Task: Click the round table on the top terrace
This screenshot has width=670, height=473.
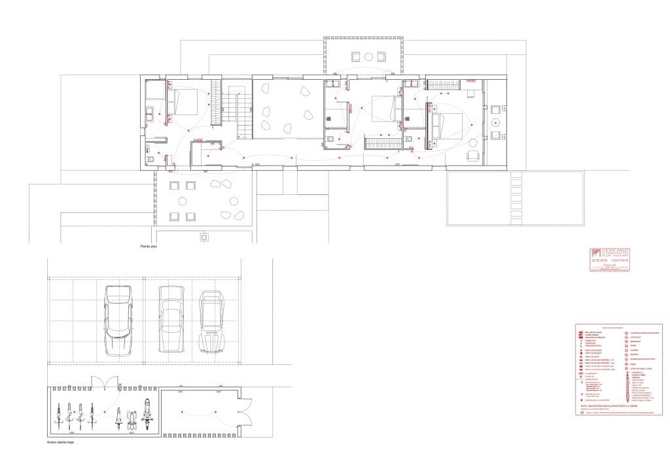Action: click(x=369, y=56)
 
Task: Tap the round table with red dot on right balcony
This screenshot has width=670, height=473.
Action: click(x=496, y=122)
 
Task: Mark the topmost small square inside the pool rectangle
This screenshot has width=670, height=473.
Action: click(x=516, y=175)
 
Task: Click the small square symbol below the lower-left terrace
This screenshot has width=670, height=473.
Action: click(x=204, y=236)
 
